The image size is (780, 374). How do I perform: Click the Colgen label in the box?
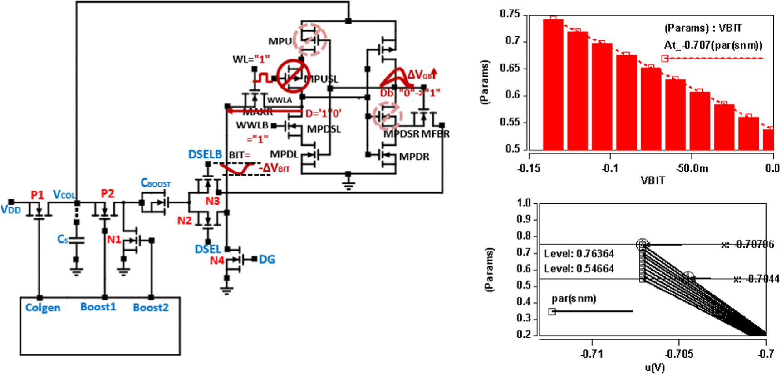tap(43, 308)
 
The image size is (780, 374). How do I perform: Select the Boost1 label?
tap(98, 307)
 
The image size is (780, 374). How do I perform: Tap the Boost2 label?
tap(151, 308)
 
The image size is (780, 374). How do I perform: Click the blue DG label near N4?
tap(267, 260)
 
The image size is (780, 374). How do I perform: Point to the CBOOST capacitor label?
tap(156, 183)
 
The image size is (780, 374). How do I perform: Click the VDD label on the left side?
tap(11, 210)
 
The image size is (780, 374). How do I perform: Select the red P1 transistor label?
tap(37, 195)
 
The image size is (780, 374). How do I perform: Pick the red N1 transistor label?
tap(113, 239)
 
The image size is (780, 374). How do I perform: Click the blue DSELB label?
tap(205, 155)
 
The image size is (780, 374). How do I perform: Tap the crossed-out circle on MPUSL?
tap(294, 76)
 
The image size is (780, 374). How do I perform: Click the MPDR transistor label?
tap(414, 157)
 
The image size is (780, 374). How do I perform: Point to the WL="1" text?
tap(251, 59)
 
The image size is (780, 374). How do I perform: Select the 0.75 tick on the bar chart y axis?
tap(510, 14)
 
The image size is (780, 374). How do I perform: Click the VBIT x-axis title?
tap(652, 181)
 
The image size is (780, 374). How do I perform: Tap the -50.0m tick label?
tap(692, 168)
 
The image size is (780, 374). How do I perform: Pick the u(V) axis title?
tap(654, 367)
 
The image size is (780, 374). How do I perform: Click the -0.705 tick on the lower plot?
tap(679, 354)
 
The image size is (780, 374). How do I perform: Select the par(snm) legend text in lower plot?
tap(574, 299)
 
